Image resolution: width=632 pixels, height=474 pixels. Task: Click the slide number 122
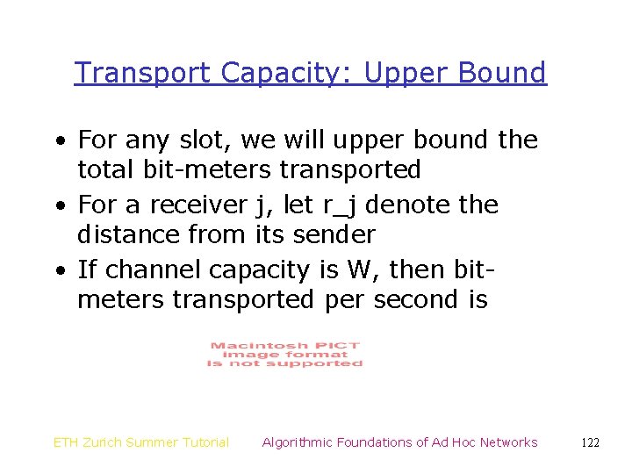point(590,442)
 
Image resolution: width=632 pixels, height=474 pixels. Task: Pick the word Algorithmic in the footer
point(297,442)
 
